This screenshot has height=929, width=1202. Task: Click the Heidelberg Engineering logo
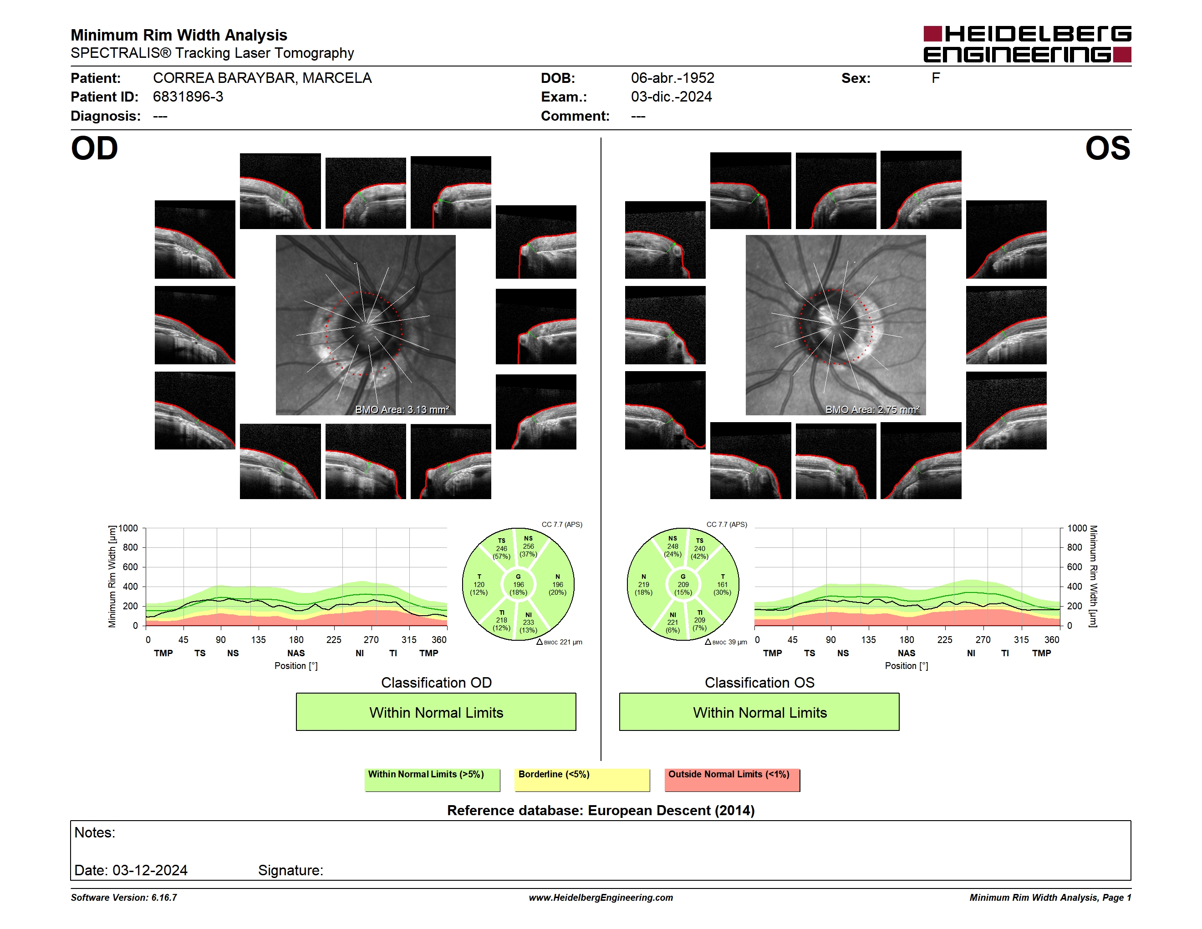(x=1027, y=44)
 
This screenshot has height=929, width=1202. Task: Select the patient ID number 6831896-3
(x=188, y=97)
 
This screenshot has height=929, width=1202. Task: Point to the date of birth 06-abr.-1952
(x=672, y=78)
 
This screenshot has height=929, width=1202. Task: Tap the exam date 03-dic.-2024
(x=672, y=97)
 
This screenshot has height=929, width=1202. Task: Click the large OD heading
(x=94, y=148)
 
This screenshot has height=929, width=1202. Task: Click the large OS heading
(x=1108, y=148)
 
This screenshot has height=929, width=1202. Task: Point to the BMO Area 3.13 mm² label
(x=402, y=409)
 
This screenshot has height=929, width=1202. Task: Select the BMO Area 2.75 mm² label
(x=872, y=409)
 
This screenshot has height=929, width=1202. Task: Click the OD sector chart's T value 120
(x=479, y=584)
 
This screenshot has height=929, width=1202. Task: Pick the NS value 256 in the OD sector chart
(x=528, y=546)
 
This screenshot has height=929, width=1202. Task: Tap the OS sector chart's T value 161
(x=722, y=584)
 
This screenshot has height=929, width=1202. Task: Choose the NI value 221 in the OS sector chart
(x=672, y=623)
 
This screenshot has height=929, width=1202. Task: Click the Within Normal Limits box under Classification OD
(x=436, y=712)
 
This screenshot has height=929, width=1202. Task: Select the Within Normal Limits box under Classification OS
(x=759, y=712)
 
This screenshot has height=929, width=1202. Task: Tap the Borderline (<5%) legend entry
(x=582, y=780)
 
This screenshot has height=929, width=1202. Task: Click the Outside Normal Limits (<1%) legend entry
(x=733, y=780)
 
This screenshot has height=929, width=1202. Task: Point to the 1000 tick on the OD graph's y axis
(x=127, y=528)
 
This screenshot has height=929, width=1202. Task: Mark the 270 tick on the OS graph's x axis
(x=983, y=639)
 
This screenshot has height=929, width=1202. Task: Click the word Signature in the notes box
(x=290, y=870)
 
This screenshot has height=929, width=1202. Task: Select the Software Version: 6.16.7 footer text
(x=124, y=898)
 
